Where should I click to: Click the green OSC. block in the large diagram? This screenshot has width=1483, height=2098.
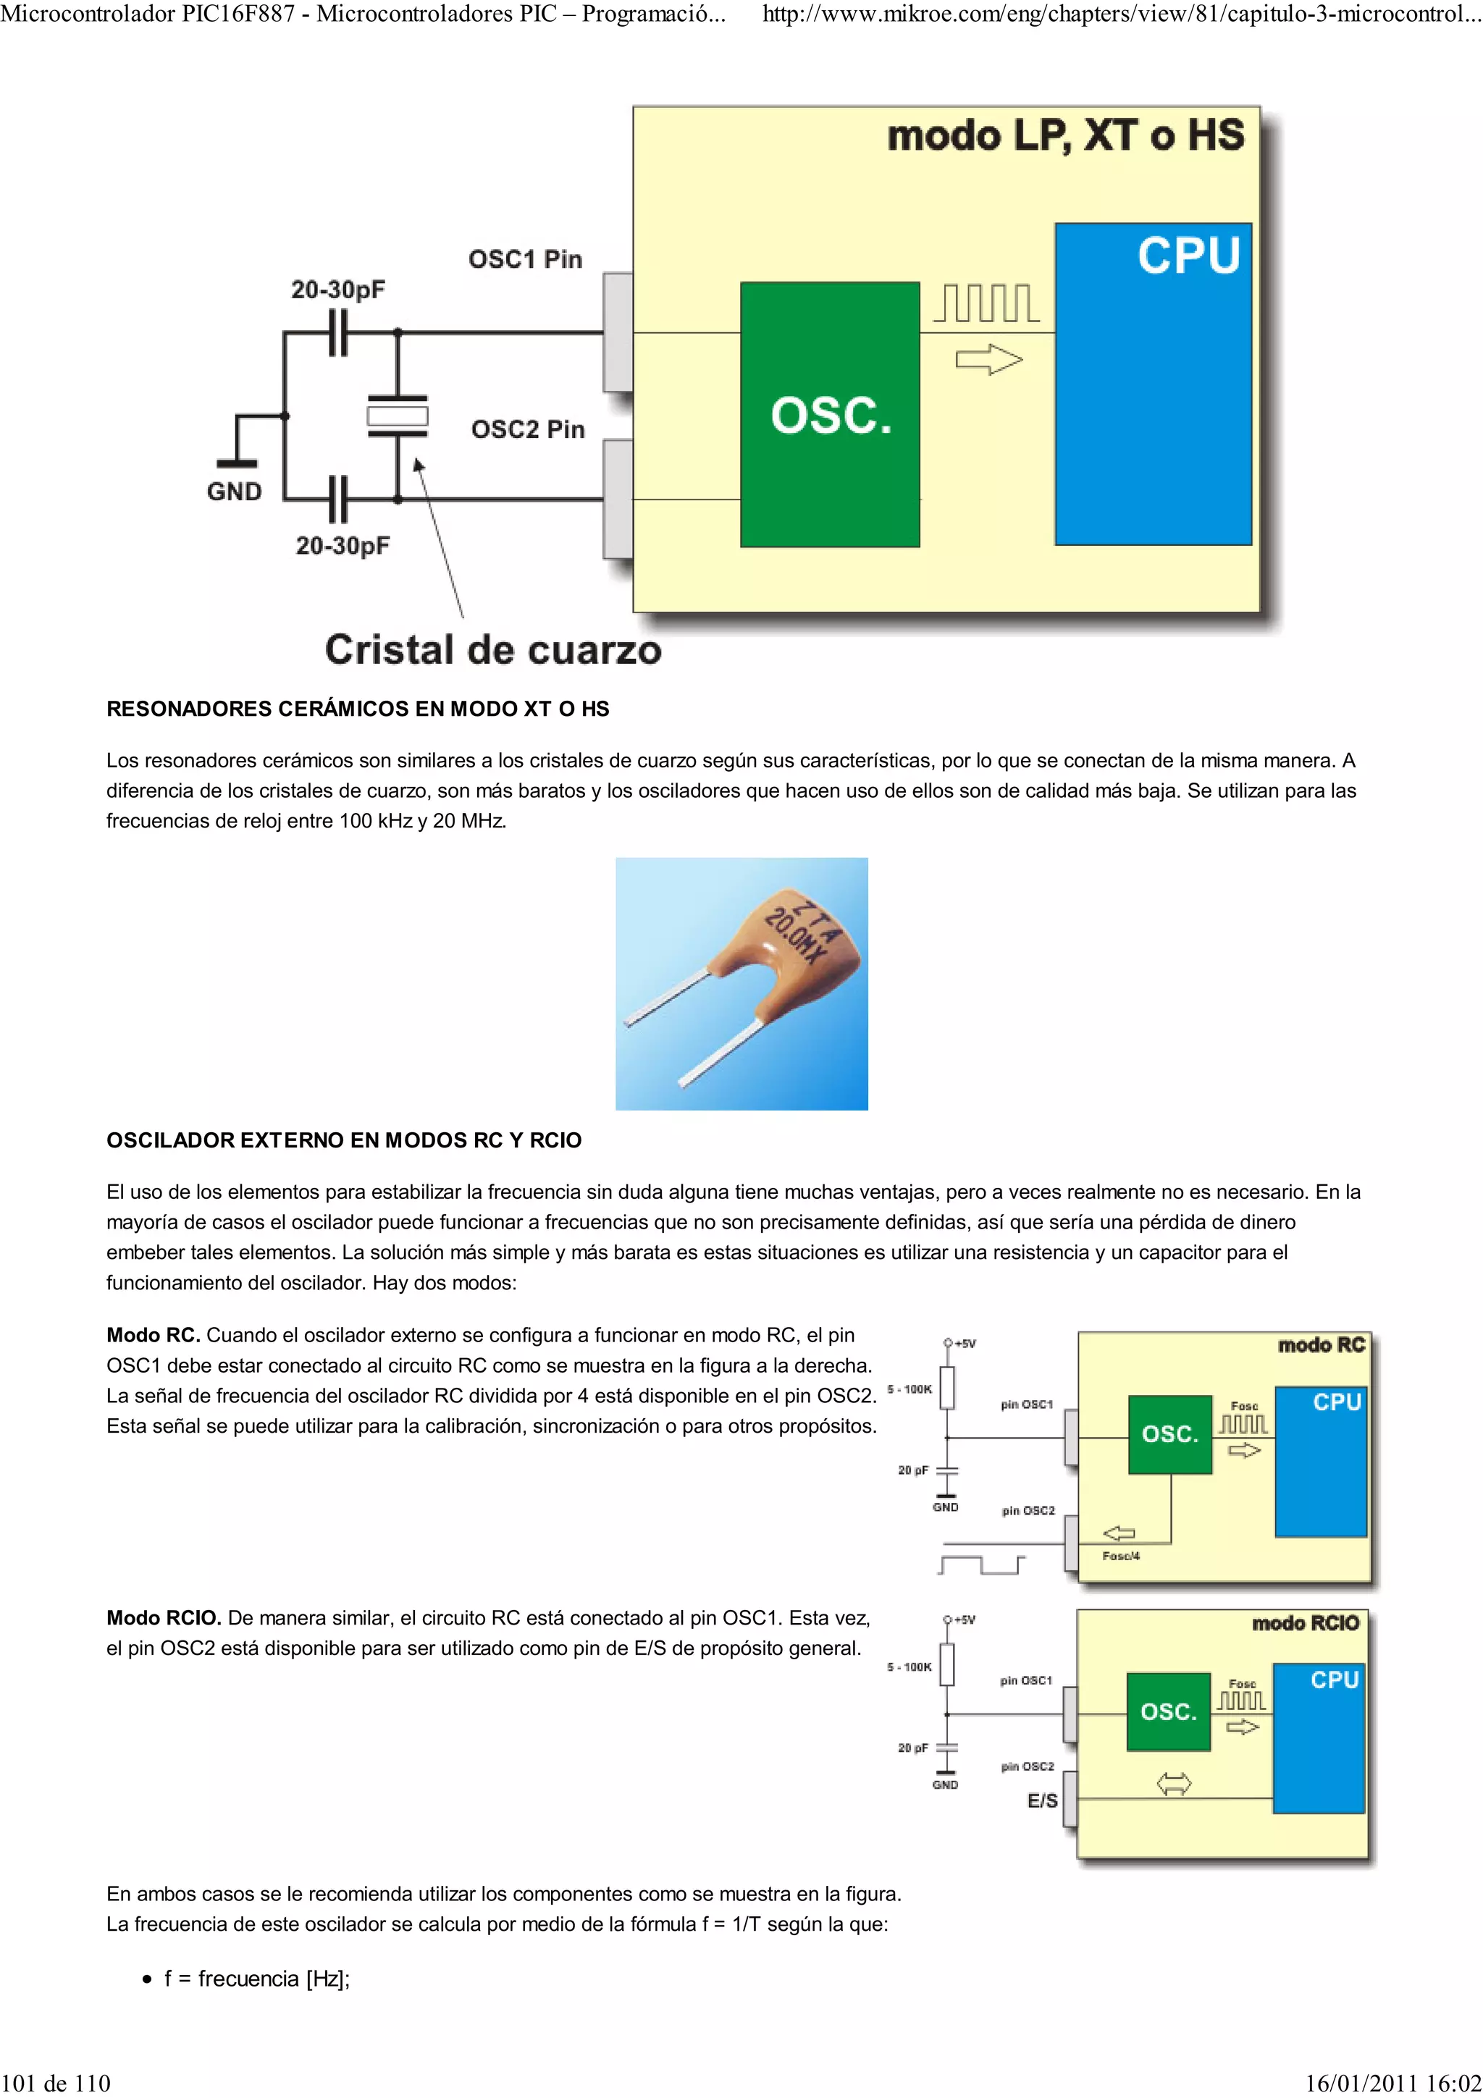pyautogui.click(x=830, y=415)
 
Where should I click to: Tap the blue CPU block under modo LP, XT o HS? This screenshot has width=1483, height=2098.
pyautogui.click(x=1153, y=384)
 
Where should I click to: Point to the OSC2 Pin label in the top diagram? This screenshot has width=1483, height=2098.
pyautogui.click(x=527, y=429)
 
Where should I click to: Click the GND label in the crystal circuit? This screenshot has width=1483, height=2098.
pyautogui.click(x=234, y=492)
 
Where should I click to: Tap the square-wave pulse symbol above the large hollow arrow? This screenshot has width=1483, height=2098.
pyautogui.click(x=986, y=303)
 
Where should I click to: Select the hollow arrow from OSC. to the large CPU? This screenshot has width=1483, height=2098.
pyautogui.click(x=988, y=360)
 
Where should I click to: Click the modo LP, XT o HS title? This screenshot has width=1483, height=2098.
pyautogui.click(x=1065, y=136)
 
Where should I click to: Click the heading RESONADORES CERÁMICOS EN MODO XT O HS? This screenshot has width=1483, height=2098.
pyautogui.click(x=357, y=709)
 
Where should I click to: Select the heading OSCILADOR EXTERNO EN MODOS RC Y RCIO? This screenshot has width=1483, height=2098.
pyautogui.click(x=343, y=1140)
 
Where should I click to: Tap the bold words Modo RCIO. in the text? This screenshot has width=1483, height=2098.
pyautogui.click(x=164, y=1618)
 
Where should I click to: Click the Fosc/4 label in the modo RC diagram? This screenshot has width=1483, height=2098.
pyautogui.click(x=1120, y=1556)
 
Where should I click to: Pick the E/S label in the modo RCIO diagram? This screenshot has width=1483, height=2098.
pyautogui.click(x=1042, y=1801)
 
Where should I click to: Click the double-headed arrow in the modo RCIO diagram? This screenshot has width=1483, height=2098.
pyautogui.click(x=1173, y=1783)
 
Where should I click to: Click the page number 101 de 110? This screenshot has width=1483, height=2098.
pyautogui.click(x=56, y=2084)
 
